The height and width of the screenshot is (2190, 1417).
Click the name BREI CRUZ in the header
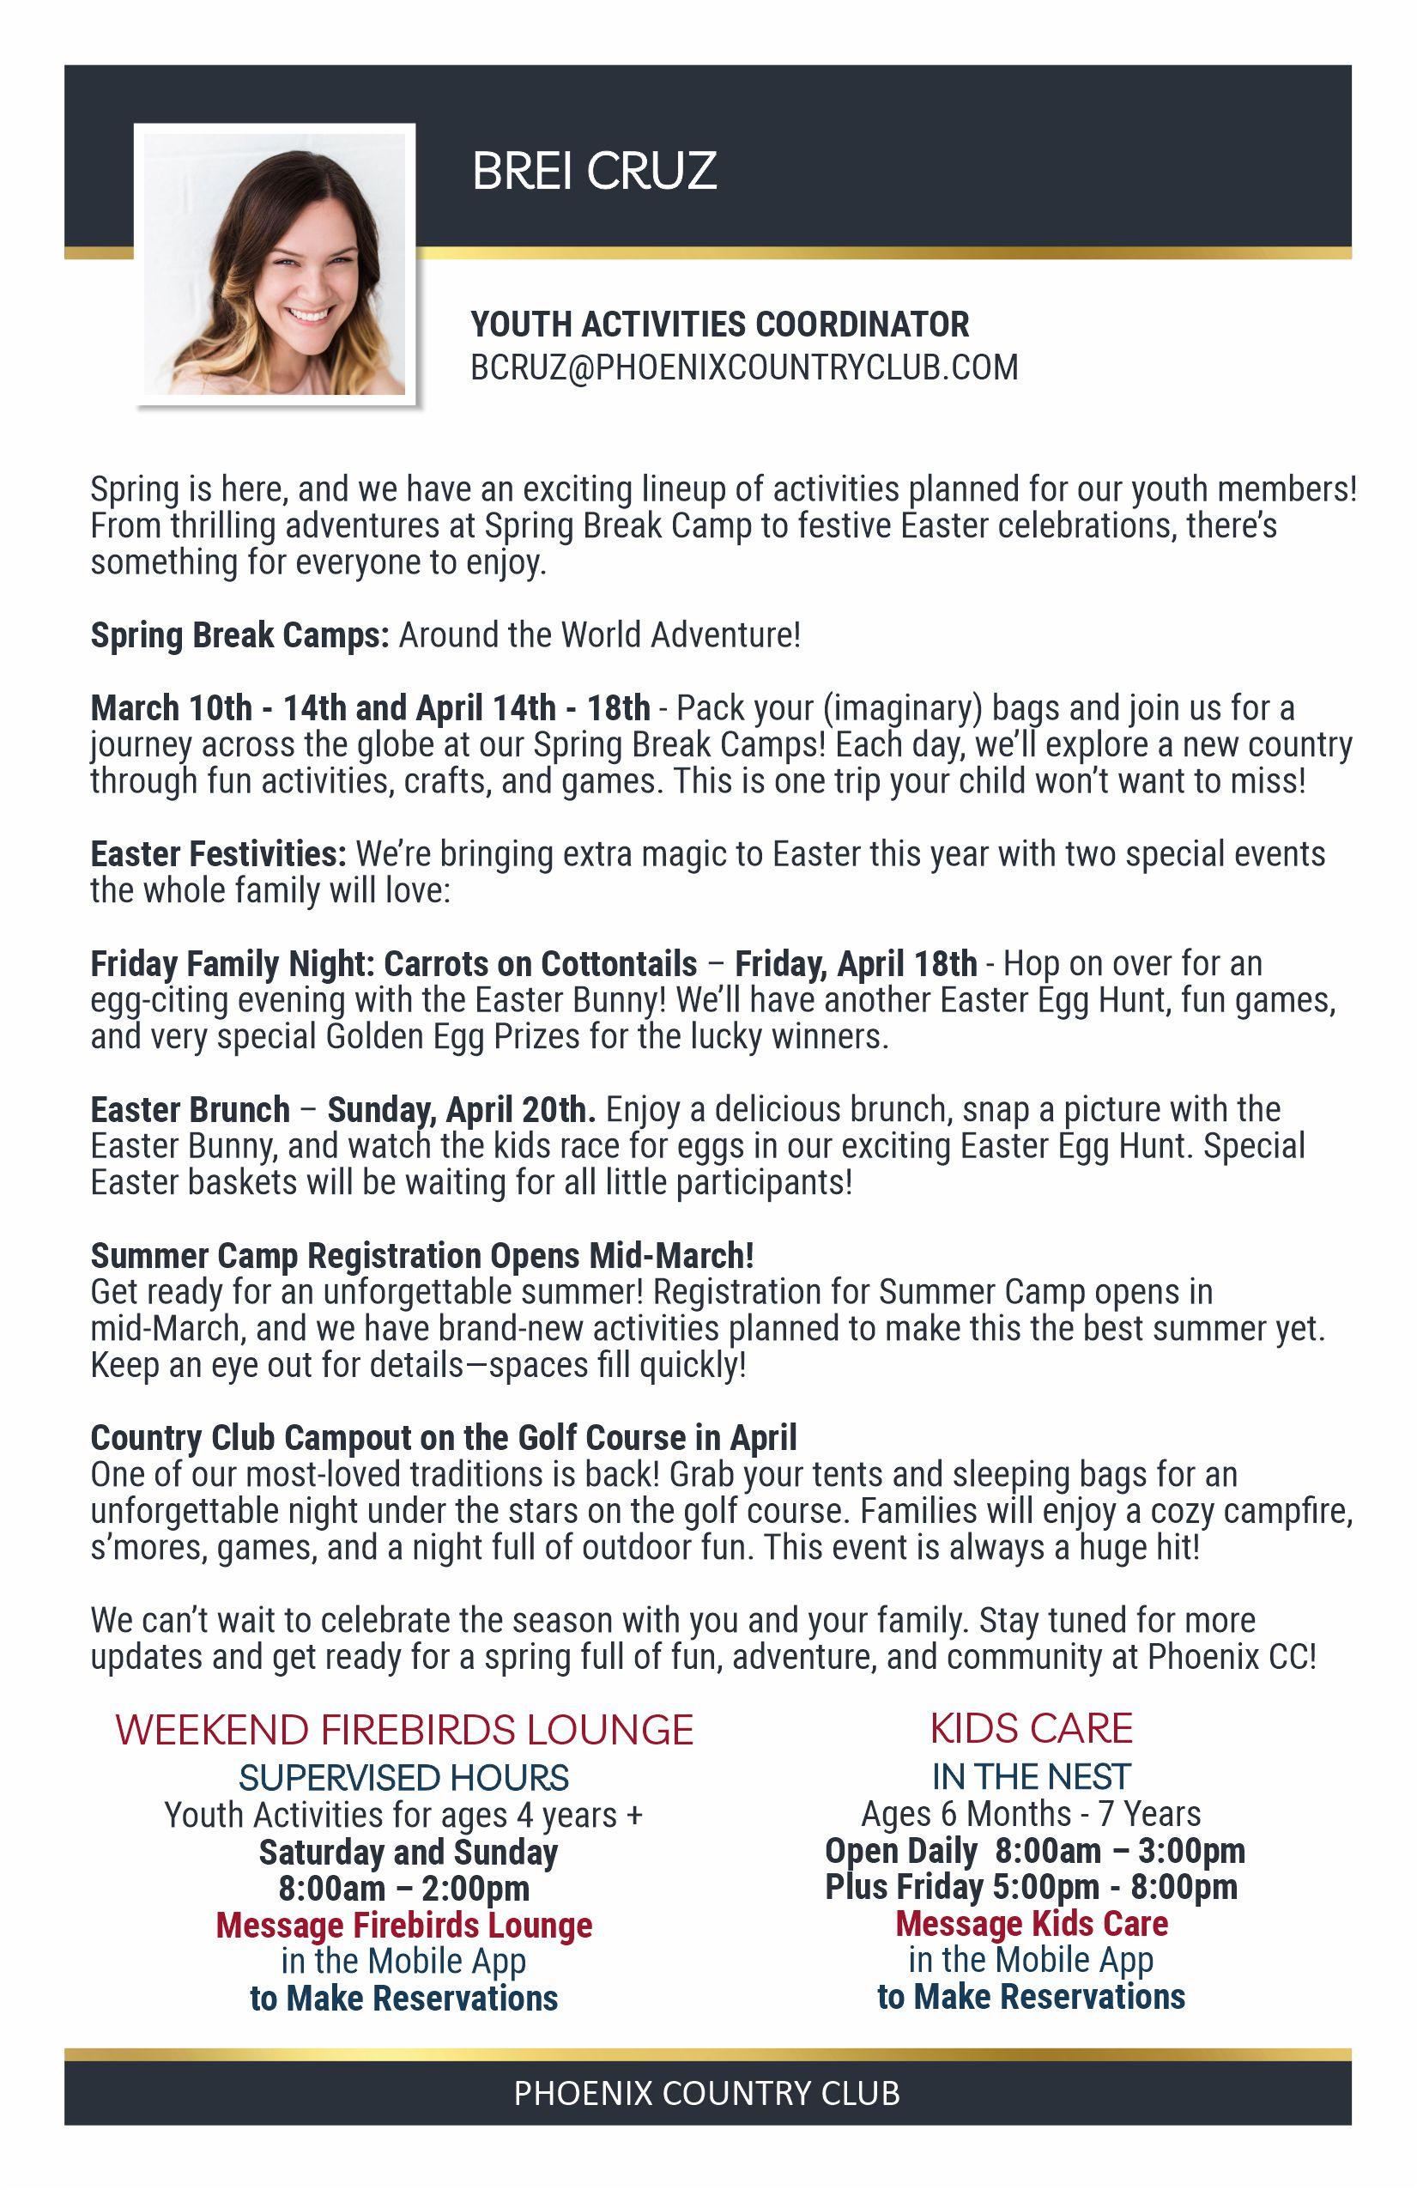595,171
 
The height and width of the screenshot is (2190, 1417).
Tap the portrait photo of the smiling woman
274,264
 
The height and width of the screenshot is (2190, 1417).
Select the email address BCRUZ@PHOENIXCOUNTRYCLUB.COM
743,367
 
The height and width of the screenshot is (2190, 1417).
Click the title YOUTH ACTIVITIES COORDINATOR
719,324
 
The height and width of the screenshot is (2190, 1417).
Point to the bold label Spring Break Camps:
240,635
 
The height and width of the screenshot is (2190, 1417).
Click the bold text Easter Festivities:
218,854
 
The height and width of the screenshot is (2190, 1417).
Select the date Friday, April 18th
856,963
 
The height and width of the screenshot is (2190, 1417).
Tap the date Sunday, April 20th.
461,1110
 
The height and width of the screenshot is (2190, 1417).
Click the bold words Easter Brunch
191,1110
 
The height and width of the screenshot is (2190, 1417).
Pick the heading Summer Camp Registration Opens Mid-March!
422,1255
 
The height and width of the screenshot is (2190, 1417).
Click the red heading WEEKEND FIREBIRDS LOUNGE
404,1730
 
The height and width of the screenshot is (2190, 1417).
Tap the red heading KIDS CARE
1031,1728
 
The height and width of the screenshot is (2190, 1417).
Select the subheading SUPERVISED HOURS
404,1778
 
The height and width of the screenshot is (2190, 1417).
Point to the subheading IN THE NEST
1031,1776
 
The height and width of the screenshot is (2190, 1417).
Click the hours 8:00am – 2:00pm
404,1888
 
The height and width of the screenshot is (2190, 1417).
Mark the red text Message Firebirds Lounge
404,1925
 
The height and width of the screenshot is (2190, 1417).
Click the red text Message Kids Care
1031,1923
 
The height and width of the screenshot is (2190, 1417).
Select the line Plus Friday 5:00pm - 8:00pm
1031,1886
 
